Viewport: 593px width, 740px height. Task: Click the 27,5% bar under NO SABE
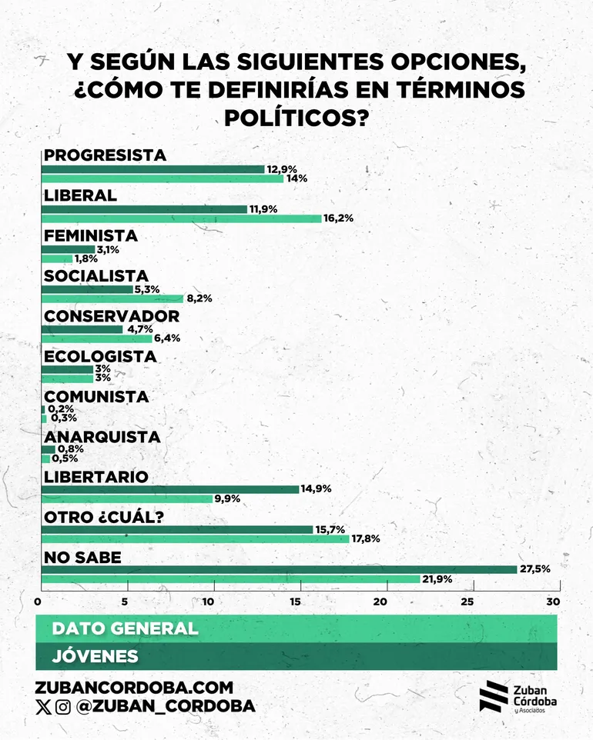click(278, 569)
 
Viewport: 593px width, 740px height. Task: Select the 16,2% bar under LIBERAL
click(181, 218)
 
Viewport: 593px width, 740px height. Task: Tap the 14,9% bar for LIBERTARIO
click(169, 489)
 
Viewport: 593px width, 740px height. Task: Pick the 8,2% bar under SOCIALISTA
click(112, 298)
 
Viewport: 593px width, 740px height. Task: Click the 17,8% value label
click(365, 539)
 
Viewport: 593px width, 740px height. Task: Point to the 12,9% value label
click(281, 168)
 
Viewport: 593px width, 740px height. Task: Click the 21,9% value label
click(436, 579)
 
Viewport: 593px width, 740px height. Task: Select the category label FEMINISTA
click(91, 235)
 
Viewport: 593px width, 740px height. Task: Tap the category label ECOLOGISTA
click(100, 356)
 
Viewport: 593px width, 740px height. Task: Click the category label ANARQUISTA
click(102, 437)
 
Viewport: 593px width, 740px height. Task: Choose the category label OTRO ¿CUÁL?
click(103, 517)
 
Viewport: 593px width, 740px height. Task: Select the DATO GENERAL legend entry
click(125, 628)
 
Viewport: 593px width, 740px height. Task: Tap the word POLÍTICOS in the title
click(296, 118)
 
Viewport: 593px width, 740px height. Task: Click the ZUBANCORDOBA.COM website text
click(134, 688)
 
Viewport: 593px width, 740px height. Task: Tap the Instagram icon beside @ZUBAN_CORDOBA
click(63, 707)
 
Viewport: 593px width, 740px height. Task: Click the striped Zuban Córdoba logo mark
click(493, 695)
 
